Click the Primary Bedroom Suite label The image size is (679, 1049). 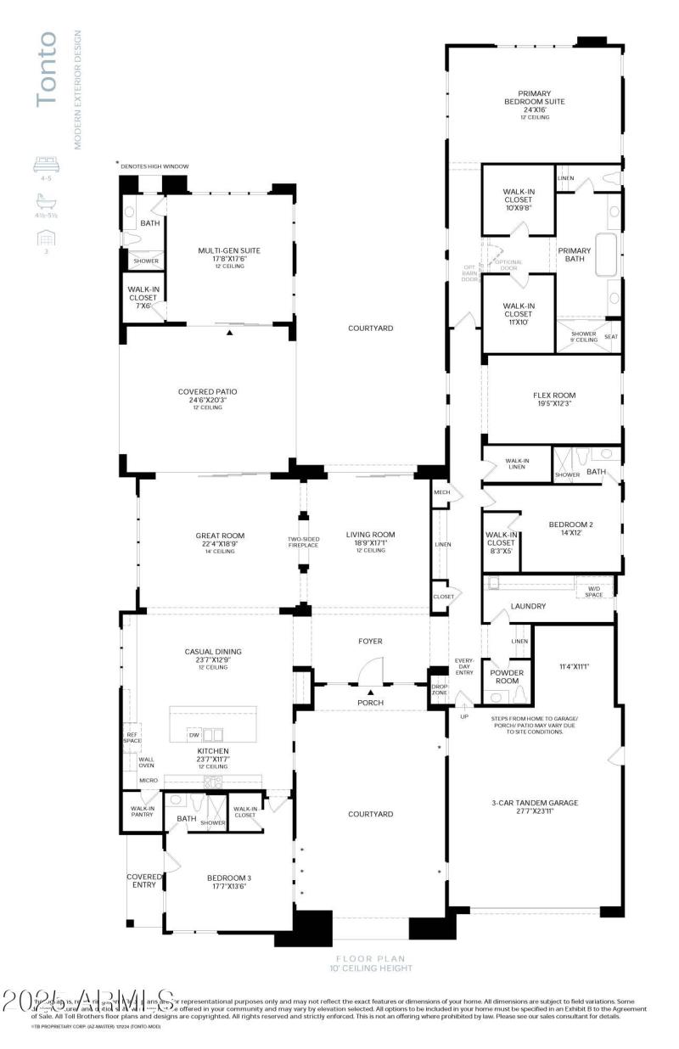click(x=535, y=98)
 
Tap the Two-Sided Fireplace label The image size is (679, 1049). click(x=302, y=541)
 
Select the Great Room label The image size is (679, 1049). click(x=220, y=536)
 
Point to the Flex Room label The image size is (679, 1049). click(x=554, y=395)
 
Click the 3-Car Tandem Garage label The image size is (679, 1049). click(x=535, y=802)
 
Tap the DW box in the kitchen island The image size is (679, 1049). click(x=194, y=735)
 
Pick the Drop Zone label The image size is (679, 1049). click(x=440, y=689)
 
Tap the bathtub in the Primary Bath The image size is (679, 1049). click(x=608, y=255)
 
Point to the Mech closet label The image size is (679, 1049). click(x=441, y=492)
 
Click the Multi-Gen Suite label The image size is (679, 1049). click(x=229, y=250)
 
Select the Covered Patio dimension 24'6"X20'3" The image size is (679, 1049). click(x=207, y=400)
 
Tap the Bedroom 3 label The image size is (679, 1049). click(x=229, y=878)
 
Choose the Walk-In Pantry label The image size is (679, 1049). click(x=142, y=811)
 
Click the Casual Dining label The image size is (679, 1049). click(x=213, y=652)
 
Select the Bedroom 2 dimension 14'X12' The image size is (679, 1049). click(x=571, y=533)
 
